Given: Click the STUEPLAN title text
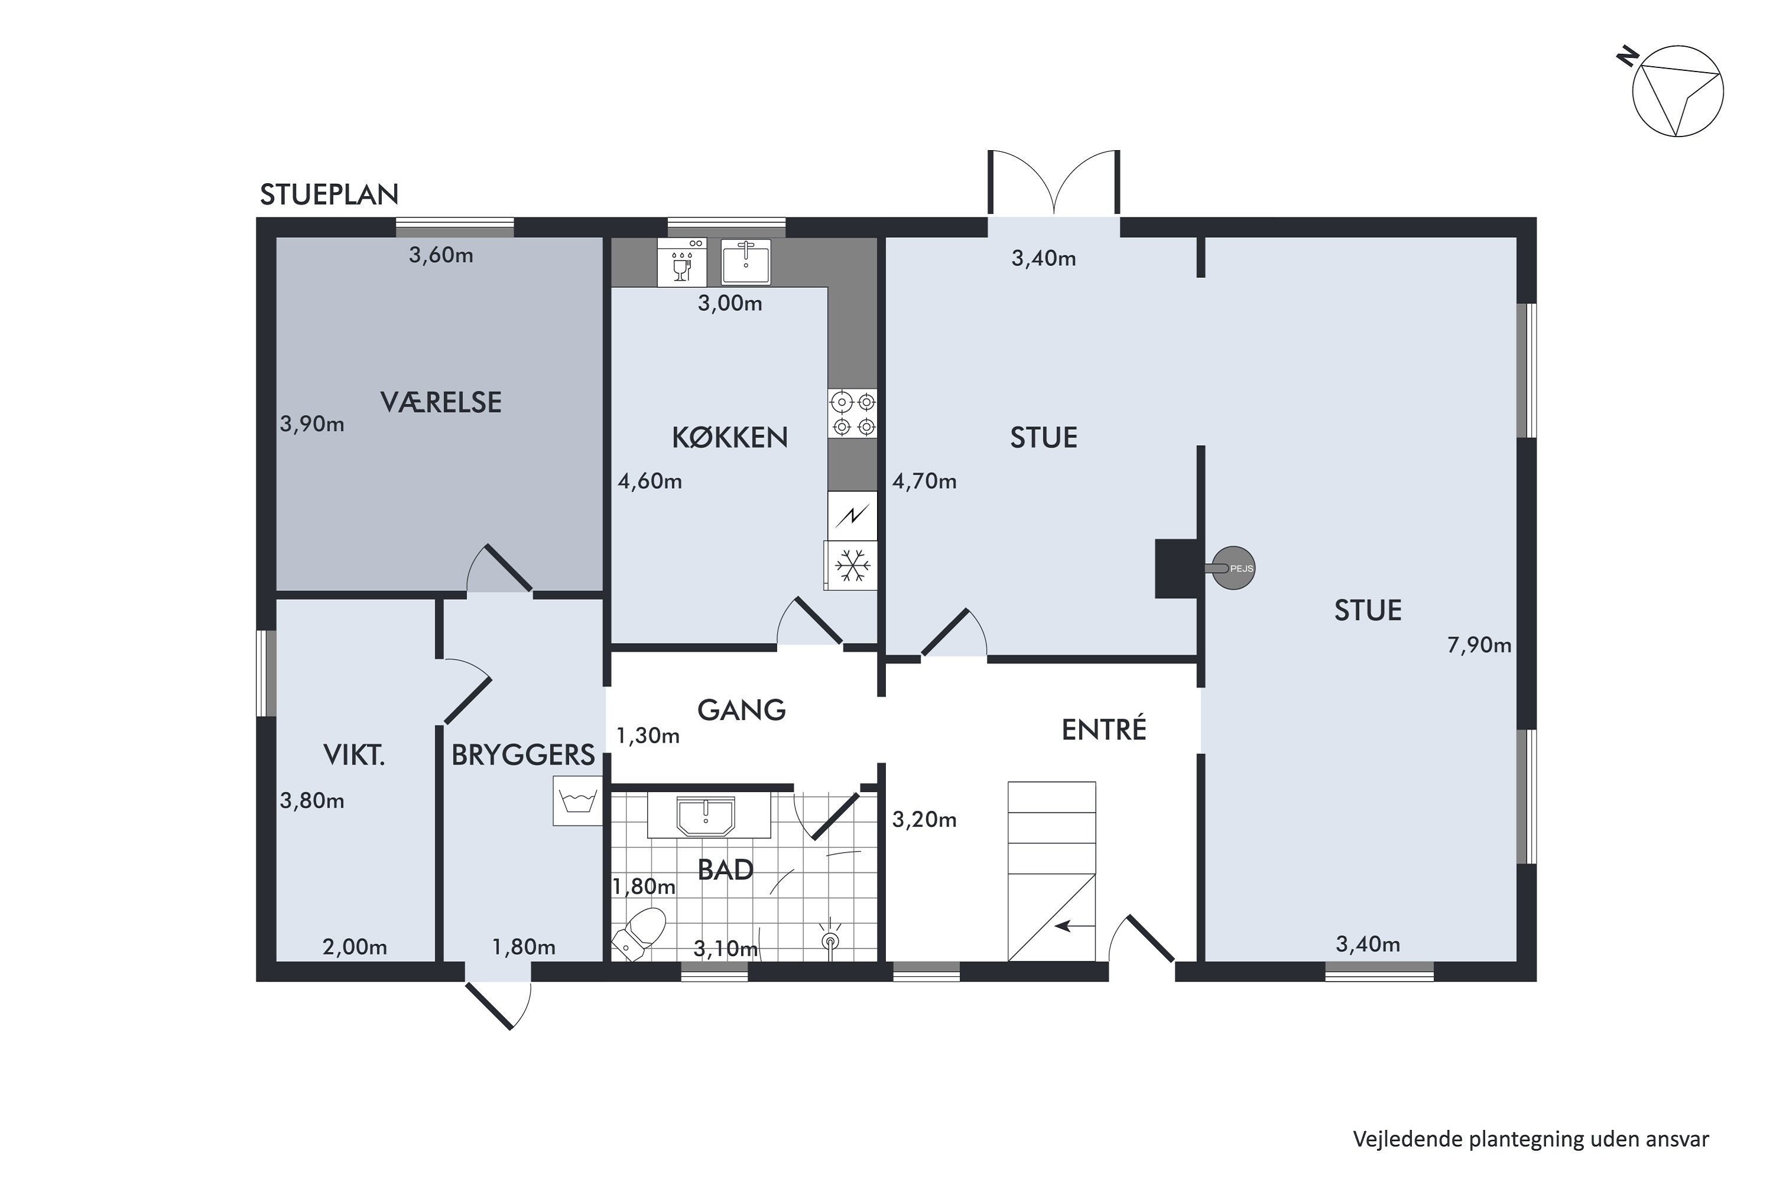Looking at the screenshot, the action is point(329,194).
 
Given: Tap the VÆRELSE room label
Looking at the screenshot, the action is point(441,402).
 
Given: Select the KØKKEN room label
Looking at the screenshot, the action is point(730,437).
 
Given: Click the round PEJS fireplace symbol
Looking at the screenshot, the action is point(1233,567).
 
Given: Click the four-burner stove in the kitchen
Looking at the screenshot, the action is point(853,413).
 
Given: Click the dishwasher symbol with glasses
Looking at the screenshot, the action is point(682,262).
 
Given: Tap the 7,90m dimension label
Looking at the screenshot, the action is point(1479,645).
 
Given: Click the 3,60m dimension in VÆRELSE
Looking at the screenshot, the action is point(441,255).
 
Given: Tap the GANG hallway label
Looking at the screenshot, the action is point(741,710).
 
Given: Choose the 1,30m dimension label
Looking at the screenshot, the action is point(648,736).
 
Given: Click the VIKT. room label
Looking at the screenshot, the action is point(353,755).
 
